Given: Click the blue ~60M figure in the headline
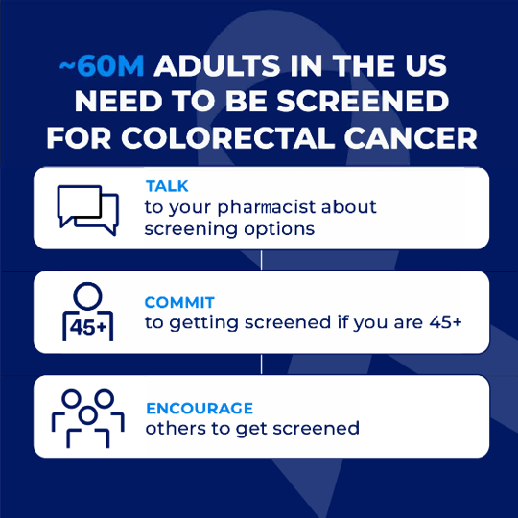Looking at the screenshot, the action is click(x=102, y=65).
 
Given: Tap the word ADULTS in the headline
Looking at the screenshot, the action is click(x=217, y=65).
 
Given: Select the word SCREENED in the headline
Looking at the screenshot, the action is click(x=363, y=101).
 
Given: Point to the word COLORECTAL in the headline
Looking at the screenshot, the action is click(x=228, y=137).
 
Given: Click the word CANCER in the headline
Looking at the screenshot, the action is click(x=411, y=137).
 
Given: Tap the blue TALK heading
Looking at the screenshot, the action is click(x=167, y=186).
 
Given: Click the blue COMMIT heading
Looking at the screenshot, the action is click(x=179, y=302).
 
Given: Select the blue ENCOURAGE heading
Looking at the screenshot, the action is click(x=200, y=409).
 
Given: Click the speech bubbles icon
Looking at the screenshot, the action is click(x=88, y=210).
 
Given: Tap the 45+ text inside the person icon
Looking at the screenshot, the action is click(x=88, y=328).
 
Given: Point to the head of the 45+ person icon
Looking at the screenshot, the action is click(x=87, y=296).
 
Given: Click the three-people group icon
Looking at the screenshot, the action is click(x=88, y=418).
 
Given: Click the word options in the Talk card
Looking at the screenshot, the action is click(x=279, y=229).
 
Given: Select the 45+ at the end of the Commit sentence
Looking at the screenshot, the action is click(x=445, y=321).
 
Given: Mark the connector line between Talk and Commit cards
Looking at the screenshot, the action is click(x=261, y=260).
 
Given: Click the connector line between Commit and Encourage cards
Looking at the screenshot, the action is click(x=261, y=365).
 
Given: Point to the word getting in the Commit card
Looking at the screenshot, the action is click(x=203, y=323).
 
